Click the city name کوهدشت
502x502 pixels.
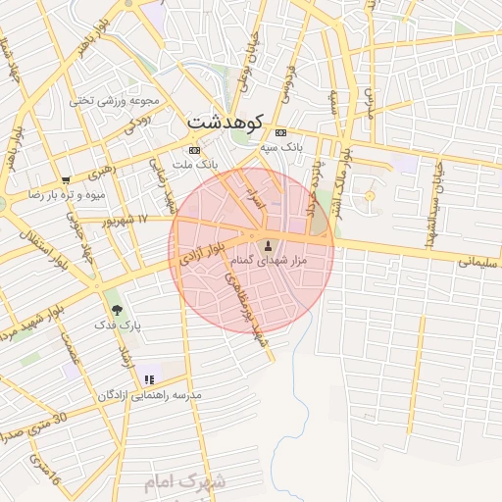point(227,125)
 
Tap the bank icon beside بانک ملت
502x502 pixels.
point(194,150)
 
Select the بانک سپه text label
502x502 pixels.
point(280,146)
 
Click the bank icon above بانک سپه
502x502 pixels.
point(281,132)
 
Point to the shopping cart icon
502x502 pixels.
point(66,180)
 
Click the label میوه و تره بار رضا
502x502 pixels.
point(65,195)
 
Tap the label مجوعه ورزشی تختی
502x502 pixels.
point(108,99)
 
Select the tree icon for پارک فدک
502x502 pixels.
point(118,310)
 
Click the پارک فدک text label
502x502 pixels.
point(119,324)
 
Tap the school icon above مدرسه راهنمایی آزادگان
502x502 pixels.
point(149,379)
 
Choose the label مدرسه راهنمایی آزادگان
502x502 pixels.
point(148,394)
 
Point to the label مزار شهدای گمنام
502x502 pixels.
point(268,261)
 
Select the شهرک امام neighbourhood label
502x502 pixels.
point(184,482)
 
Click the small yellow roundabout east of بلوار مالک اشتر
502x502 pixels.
point(370,197)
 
